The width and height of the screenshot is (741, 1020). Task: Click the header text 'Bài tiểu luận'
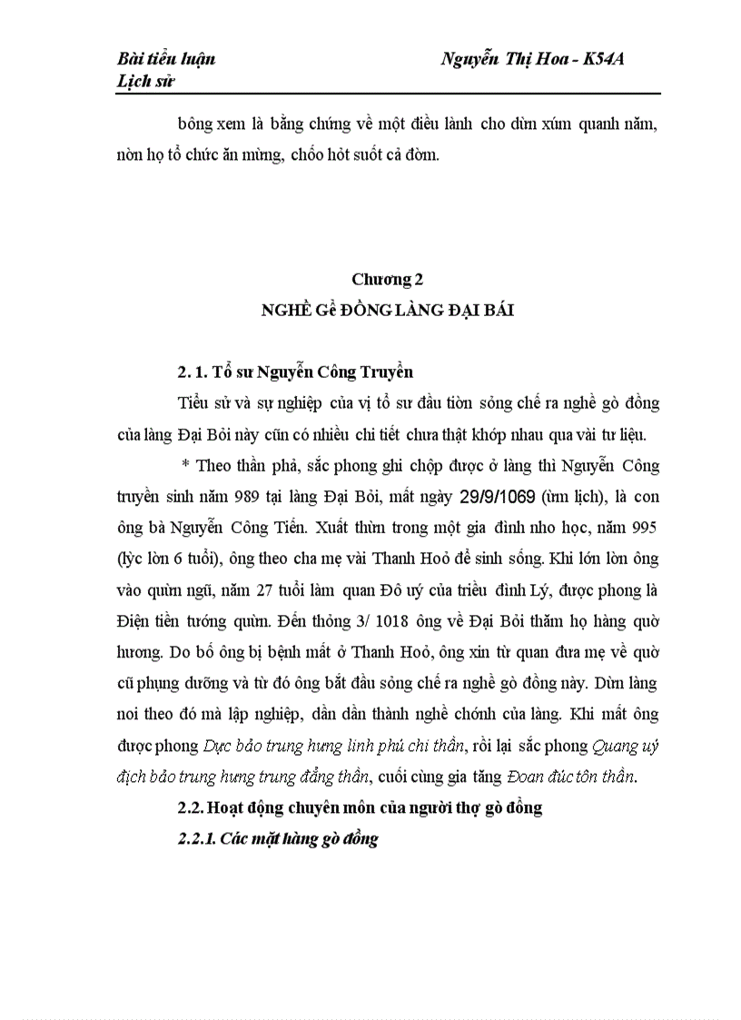click(x=166, y=60)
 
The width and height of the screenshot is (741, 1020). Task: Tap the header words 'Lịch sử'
click(x=145, y=82)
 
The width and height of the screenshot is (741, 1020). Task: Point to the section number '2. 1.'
click(x=192, y=371)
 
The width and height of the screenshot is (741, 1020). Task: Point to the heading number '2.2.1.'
click(x=197, y=839)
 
